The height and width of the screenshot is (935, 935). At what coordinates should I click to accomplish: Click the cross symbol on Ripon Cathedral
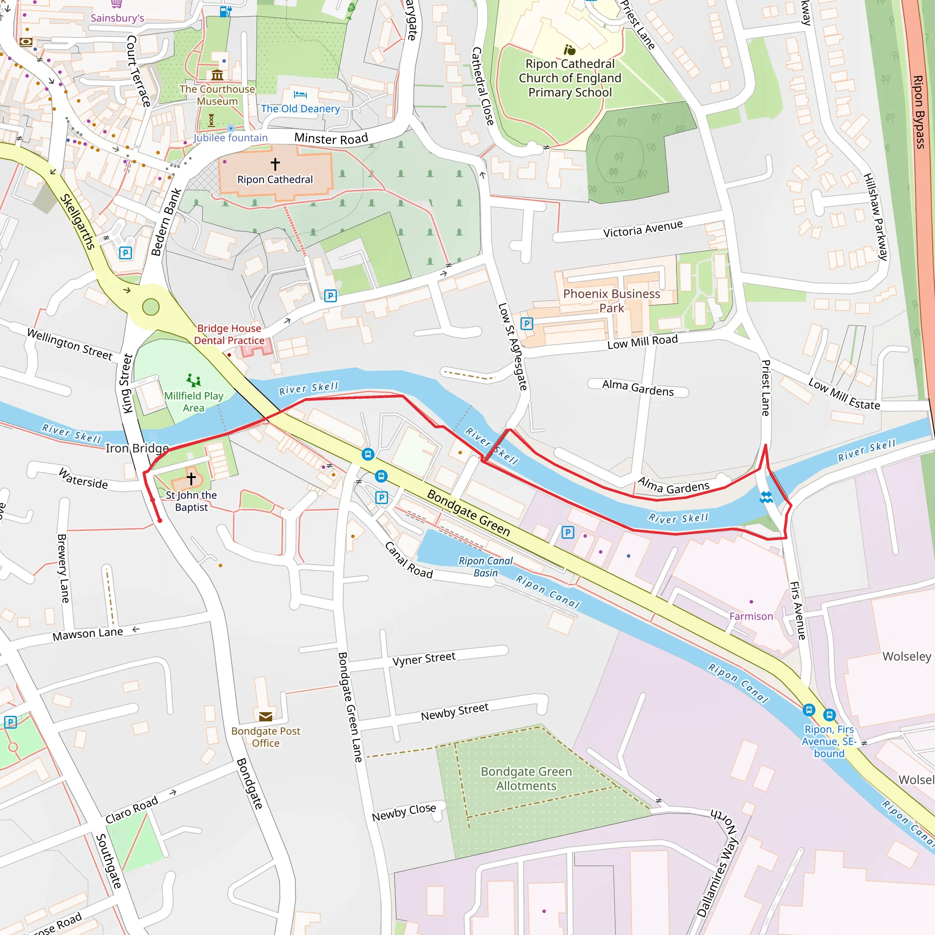click(x=275, y=164)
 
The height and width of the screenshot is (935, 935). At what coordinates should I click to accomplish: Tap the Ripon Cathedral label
click(x=275, y=179)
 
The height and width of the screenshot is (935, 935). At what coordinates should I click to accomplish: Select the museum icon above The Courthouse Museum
click(x=217, y=75)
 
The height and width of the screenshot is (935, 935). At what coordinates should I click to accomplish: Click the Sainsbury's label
click(x=117, y=18)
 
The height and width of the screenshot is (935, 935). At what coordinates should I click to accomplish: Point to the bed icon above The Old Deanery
click(x=300, y=95)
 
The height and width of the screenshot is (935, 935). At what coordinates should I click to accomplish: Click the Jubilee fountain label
click(x=231, y=138)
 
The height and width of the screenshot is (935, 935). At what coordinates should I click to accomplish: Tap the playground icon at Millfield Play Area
click(x=194, y=380)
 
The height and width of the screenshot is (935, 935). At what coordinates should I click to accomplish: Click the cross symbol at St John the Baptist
click(x=191, y=478)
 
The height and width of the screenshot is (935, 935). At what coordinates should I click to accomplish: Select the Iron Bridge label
click(x=137, y=448)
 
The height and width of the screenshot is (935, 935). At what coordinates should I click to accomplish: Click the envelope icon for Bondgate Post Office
click(x=266, y=717)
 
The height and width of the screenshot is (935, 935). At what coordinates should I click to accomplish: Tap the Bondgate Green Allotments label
click(x=526, y=778)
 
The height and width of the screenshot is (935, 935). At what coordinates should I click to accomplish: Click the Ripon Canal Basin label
click(x=485, y=567)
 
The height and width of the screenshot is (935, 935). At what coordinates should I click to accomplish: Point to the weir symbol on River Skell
click(x=766, y=497)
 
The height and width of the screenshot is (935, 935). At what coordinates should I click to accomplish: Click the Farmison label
click(x=751, y=616)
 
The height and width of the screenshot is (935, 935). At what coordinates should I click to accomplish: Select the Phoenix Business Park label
click(x=611, y=300)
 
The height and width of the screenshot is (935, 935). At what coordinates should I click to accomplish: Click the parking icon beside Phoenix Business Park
click(x=526, y=323)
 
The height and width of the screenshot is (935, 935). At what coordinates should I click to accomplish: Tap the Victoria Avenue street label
click(x=643, y=228)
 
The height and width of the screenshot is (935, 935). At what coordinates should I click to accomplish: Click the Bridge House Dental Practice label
click(x=229, y=334)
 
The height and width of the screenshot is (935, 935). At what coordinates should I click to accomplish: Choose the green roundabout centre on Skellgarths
click(x=151, y=307)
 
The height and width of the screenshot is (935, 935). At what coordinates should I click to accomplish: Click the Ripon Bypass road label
click(x=918, y=111)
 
